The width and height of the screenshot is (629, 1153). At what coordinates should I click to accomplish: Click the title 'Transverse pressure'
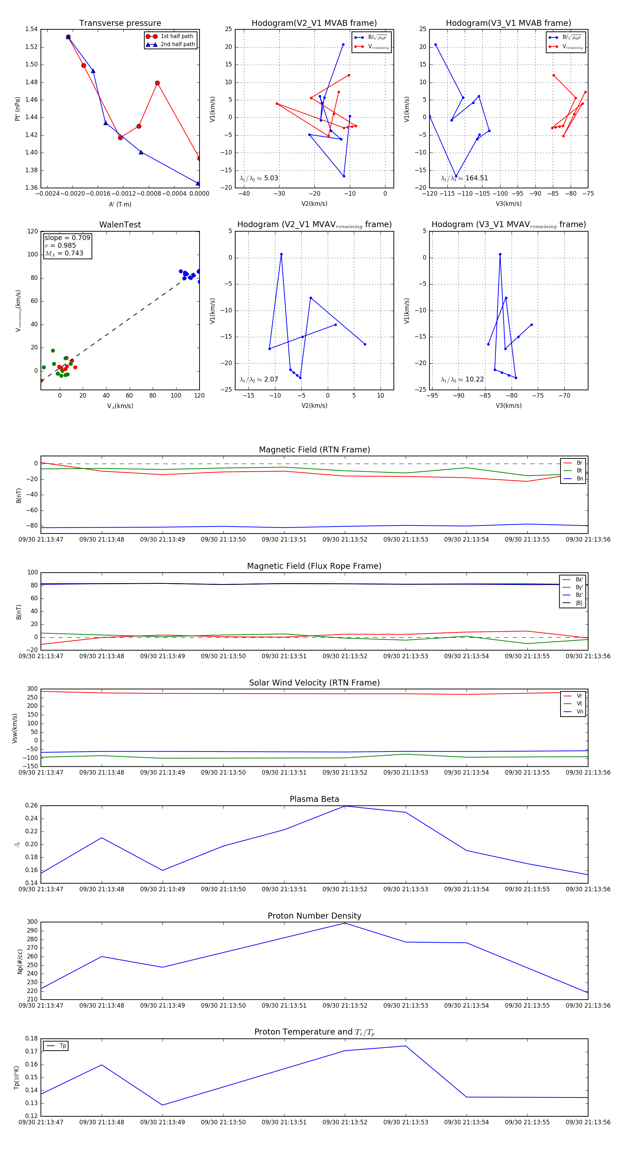(120, 23)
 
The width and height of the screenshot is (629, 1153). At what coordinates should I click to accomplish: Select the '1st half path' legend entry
(176, 36)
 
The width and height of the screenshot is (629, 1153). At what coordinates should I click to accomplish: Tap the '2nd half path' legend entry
(177, 44)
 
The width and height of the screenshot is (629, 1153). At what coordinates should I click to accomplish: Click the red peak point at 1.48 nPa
(157, 83)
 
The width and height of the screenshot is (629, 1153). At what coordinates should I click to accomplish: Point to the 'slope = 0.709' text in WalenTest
(67, 238)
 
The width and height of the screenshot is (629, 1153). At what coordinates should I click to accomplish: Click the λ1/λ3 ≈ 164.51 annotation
(464, 178)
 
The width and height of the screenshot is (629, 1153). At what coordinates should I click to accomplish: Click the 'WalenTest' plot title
(120, 225)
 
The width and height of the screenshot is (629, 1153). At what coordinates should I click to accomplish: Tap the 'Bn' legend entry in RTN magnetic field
(579, 478)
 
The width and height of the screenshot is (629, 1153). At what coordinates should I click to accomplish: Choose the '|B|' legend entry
(578, 603)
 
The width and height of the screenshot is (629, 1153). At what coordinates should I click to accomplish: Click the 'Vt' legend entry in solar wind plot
(579, 704)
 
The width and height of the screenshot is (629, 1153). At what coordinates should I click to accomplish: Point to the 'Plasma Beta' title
(314, 799)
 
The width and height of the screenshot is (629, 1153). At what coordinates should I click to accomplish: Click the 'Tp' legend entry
(62, 1046)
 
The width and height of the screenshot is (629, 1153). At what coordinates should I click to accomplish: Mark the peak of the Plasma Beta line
(345, 806)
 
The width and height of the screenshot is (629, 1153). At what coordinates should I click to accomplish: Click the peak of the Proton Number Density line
(345, 923)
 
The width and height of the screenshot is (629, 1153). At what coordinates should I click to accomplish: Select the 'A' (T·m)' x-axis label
(120, 204)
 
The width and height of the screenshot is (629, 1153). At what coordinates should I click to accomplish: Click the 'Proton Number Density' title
(314, 915)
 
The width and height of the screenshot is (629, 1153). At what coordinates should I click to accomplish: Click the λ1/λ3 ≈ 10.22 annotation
(462, 379)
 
